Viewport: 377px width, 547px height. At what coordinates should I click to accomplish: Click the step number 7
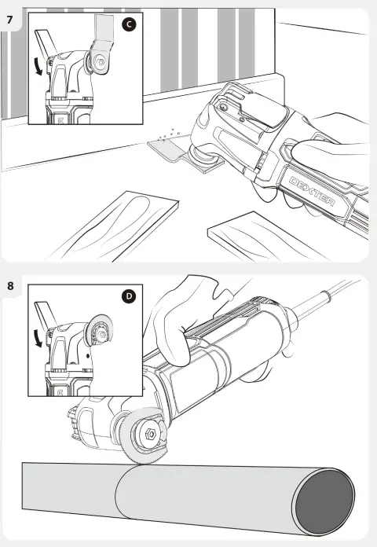9,20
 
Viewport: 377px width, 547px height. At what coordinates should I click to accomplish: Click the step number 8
10,286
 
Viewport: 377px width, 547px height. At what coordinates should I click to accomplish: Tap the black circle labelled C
129,24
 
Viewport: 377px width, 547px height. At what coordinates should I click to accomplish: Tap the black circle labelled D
129,296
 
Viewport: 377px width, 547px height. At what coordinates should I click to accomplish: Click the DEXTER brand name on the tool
312,191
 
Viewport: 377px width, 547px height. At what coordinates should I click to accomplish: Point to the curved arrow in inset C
38,66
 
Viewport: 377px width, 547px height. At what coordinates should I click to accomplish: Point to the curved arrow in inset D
38,339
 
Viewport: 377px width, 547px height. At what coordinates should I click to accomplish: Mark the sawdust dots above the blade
169,135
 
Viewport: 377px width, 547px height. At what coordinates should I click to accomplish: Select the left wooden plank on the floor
115,227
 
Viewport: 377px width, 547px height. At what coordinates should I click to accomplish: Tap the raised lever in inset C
46,42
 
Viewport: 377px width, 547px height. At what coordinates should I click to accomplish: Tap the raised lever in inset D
46,314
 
